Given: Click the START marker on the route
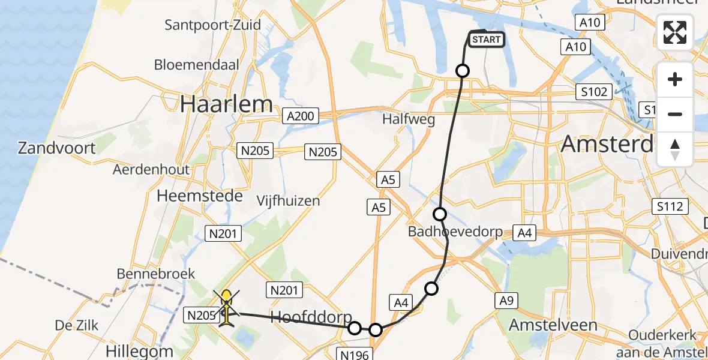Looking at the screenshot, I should (x=485, y=40).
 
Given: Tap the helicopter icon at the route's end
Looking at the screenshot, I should (x=226, y=308).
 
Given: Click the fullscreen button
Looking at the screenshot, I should (x=675, y=32).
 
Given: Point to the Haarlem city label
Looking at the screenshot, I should (x=226, y=104).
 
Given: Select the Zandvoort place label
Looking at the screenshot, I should (x=57, y=148).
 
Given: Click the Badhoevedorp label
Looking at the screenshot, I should (x=455, y=232).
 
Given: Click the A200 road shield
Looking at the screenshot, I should (x=301, y=116).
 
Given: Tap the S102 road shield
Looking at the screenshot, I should (x=594, y=92).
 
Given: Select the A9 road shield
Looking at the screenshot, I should (x=505, y=300).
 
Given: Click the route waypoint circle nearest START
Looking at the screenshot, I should (x=463, y=71).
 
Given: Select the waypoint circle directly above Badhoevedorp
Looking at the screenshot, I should (x=440, y=214).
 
